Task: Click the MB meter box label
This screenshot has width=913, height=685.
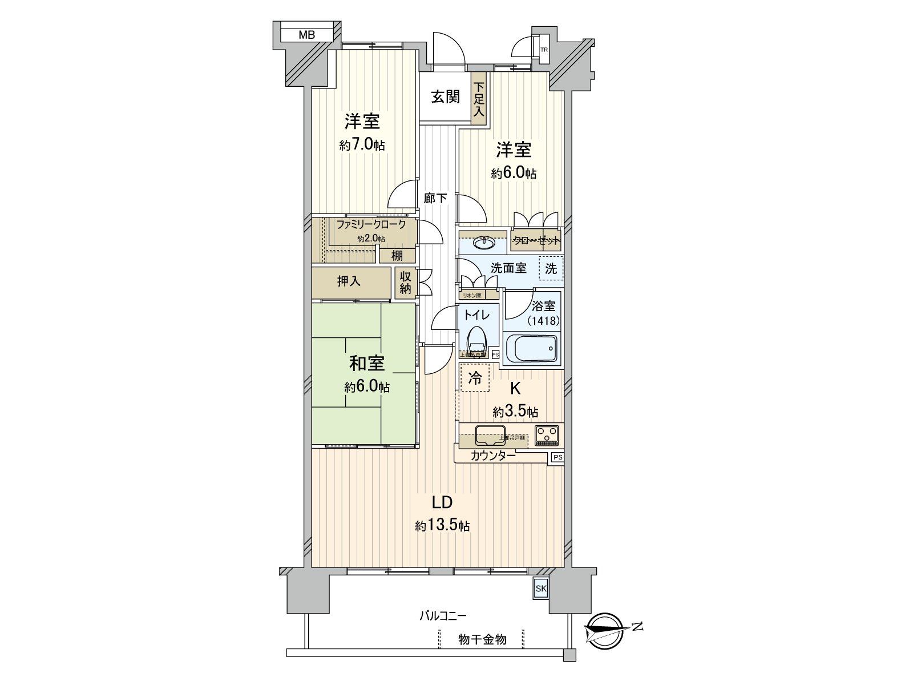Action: tap(306, 35)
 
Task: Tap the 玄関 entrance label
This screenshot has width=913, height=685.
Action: tap(445, 96)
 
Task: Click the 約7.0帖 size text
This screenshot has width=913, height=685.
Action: tap(362, 145)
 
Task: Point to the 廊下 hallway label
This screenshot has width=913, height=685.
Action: tap(435, 198)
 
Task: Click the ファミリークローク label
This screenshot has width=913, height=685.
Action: tap(371, 224)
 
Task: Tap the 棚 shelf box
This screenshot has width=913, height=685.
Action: tap(397, 255)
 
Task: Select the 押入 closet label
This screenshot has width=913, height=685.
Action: tap(349, 281)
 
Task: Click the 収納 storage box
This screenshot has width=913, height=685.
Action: tap(405, 283)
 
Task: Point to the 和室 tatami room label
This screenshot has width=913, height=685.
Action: tap(366, 363)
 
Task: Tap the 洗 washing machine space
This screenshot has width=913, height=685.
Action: tap(551, 268)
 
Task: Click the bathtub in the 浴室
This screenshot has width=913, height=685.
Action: tap(531, 348)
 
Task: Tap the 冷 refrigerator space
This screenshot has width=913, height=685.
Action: tap(475, 378)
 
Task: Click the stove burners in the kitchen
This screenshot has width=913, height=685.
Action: tap(547, 435)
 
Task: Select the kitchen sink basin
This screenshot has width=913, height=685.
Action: tap(490, 435)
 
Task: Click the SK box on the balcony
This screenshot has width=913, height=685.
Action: tap(540, 589)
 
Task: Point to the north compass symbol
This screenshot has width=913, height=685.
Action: tap(607, 630)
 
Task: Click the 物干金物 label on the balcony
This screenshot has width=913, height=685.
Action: tap(482, 639)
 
